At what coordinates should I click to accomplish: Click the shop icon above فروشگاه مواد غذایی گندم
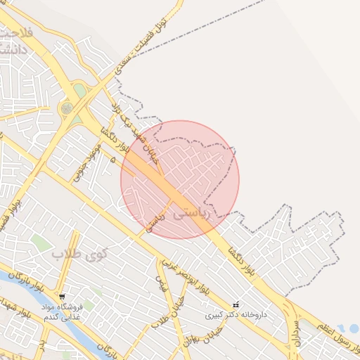click(x=63, y=297)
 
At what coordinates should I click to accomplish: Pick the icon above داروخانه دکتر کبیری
click(x=236, y=304)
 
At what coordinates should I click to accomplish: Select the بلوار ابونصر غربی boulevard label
click(x=186, y=275)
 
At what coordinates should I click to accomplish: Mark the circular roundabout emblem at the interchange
click(x=67, y=108)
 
